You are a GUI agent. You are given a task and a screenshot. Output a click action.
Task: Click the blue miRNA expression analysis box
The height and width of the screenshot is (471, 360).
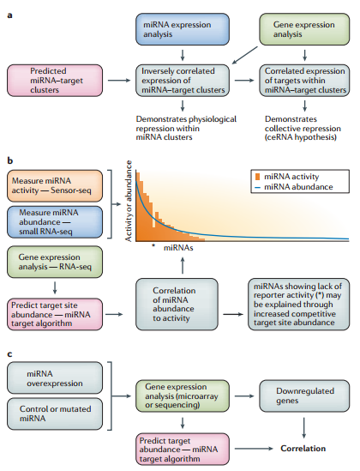[x=183, y=29]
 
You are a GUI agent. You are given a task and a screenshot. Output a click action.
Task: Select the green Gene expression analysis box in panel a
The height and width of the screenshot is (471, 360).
[x=304, y=29]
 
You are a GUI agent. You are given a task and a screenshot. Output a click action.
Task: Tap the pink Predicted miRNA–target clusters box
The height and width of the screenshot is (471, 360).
[x=55, y=81]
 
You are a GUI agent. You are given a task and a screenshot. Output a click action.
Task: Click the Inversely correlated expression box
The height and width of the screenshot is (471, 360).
[x=183, y=81]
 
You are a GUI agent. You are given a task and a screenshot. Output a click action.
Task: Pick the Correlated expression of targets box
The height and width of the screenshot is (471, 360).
[x=304, y=81]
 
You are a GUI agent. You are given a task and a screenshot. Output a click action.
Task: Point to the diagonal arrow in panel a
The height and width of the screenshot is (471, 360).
[x=245, y=55]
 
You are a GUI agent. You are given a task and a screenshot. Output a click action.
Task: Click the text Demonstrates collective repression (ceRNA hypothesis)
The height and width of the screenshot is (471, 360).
[x=303, y=129]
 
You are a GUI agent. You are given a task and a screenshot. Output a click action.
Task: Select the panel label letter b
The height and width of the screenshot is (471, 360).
[x=10, y=160]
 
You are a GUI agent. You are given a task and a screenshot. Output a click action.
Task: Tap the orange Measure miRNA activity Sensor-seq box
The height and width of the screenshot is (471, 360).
[x=55, y=185]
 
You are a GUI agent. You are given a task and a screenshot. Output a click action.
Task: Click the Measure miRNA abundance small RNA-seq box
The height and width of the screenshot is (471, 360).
[x=55, y=222]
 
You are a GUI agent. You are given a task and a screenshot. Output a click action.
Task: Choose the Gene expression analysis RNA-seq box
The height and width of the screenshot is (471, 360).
[x=55, y=262]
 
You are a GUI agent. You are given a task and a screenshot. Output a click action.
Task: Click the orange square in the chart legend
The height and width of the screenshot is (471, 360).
[x=257, y=177]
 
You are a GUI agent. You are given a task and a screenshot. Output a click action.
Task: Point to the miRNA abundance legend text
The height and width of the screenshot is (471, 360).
[x=298, y=187]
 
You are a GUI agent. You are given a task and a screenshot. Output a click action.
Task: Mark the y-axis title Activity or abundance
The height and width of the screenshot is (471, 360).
[x=129, y=201]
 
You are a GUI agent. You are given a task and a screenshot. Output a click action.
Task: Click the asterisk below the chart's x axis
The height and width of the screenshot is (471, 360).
[x=153, y=245]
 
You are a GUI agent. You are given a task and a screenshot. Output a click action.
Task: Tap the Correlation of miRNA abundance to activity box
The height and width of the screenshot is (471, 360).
[x=177, y=305]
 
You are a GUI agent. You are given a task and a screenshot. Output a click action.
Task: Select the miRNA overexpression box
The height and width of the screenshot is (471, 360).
[x=55, y=377]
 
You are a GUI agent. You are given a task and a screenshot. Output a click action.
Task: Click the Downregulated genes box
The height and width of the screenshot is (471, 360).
[x=304, y=396]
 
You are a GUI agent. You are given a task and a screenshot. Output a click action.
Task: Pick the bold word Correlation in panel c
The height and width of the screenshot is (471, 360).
[x=303, y=449]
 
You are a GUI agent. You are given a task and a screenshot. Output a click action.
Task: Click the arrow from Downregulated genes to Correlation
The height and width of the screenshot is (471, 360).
[x=304, y=428]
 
